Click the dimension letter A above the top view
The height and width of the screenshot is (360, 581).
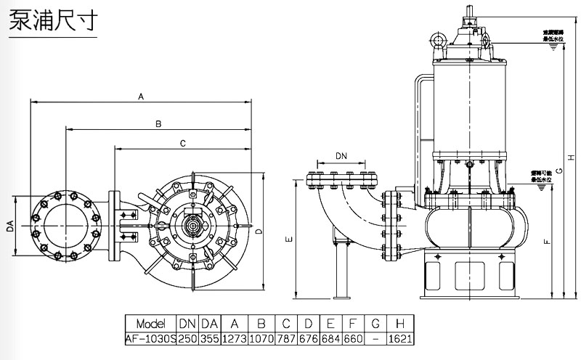tap(141, 96)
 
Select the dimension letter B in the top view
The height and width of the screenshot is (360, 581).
tap(158, 124)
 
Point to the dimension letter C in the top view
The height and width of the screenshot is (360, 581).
tap(182, 142)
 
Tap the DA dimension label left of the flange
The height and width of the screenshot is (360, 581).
tap(11, 227)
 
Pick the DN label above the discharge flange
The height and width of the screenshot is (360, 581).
tap(341, 155)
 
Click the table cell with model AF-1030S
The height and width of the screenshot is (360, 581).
tap(152, 338)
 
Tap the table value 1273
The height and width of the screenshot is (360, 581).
tap(234, 338)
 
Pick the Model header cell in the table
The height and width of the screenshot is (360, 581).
tap(152, 324)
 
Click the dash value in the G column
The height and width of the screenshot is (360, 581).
tap(373, 338)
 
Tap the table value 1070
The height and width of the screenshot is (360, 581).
tap(260, 338)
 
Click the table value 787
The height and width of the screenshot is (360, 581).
tap(285, 338)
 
